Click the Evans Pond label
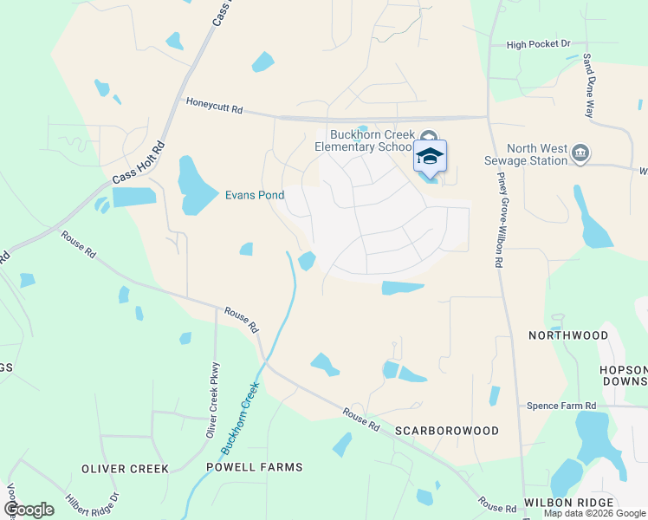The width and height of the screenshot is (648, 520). click(x=255, y=195)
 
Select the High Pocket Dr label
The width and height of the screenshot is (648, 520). click(x=539, y=44)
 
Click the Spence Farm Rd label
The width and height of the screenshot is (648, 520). click(x=562, y=406)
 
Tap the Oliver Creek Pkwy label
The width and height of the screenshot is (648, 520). click(x=214, y=401)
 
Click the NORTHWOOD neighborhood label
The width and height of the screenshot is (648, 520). click(x=568, y=335)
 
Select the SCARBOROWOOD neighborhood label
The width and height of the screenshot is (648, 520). click(x=446, y=431)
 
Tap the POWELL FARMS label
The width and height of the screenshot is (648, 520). click(x=255, y=467)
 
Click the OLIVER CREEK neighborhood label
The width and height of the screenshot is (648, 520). click(x=125, y=469)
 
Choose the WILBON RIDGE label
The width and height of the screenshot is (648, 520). click(x=568, y=503)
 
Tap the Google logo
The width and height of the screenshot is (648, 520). click(x=29, y=510)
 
